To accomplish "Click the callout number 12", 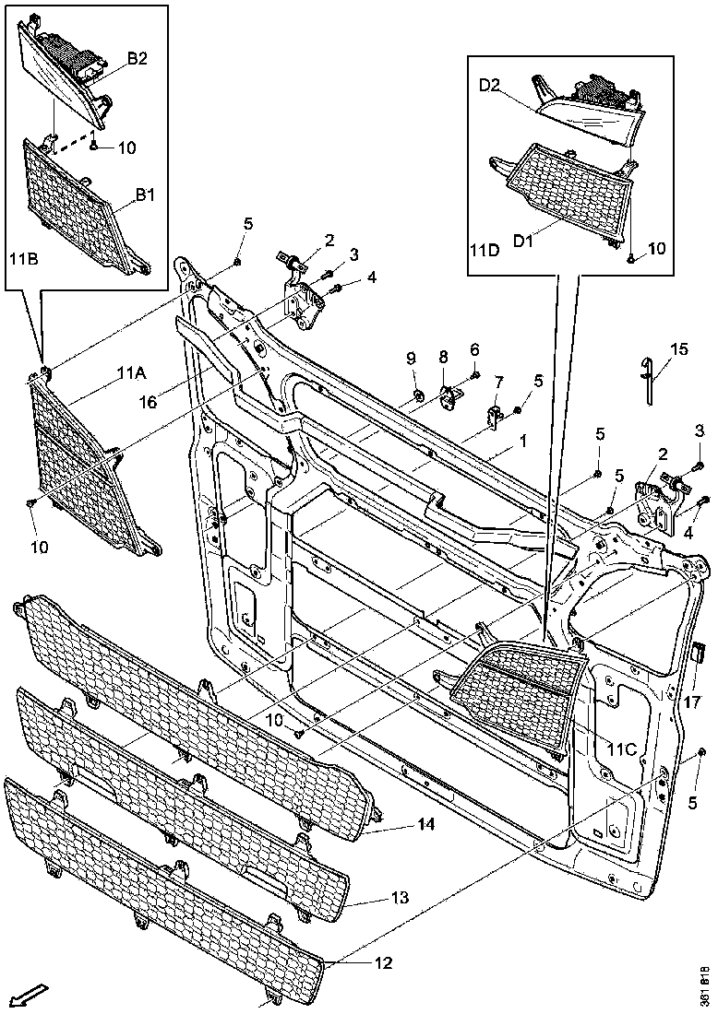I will click(x=384, y=963).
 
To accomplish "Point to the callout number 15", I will click(x=678, y=349).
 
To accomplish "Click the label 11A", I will click(x=132, y=372).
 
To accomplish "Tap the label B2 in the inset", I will click(x=138, y=58).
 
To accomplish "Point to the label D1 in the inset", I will click(x=524, y=241).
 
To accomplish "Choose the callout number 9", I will click(x=412, y=358).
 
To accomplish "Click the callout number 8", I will click(x=443, y=356).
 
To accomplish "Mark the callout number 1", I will click(x=522, y=442).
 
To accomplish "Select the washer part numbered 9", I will click(x=417, y=396).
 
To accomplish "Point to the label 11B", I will click(x=23, y=260).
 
